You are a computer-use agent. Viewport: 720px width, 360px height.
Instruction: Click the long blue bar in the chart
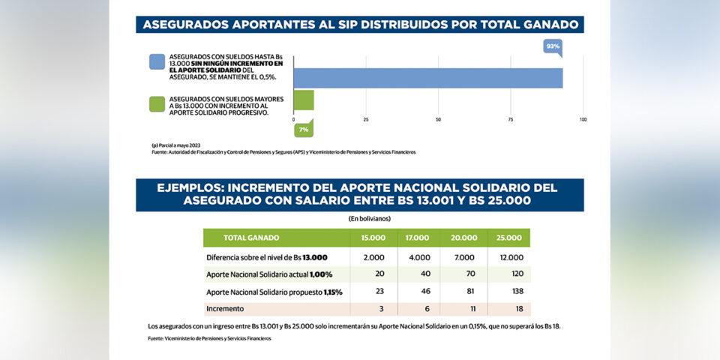tap(427, 78)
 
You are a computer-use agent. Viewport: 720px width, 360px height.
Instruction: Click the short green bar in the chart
tap(304, 100)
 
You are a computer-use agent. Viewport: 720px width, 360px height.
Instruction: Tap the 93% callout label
tap(553, 46)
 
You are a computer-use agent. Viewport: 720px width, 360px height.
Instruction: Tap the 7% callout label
tap(304, 130)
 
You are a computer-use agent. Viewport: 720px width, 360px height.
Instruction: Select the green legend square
tap(156, 104)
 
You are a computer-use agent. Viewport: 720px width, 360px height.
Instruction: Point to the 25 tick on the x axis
tap(366, 119)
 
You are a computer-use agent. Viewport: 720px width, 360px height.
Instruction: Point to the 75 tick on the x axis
tap(511, 119)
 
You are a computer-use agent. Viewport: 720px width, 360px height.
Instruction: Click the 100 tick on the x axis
tap(583, 119)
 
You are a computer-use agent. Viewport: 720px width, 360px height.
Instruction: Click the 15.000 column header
tap(373, 238)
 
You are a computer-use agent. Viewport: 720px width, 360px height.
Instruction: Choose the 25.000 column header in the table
tap(508, 238)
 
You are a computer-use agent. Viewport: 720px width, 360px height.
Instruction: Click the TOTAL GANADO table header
tap(252, 238)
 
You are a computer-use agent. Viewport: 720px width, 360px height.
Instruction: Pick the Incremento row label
tap(226, 309)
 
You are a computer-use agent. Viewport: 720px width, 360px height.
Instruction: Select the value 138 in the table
tap(508, 292)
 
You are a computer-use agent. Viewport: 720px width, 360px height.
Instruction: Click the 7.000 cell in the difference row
tap(464, 257)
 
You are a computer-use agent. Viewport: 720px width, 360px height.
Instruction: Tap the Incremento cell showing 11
tap(464, 309)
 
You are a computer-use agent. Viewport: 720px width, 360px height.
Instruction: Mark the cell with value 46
tap(418, 292)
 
